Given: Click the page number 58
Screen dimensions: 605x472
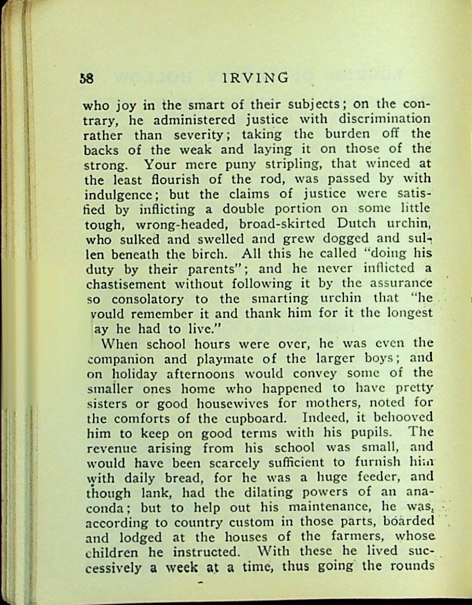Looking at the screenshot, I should [86, 79].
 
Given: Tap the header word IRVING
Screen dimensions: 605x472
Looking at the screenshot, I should [254, 78].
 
